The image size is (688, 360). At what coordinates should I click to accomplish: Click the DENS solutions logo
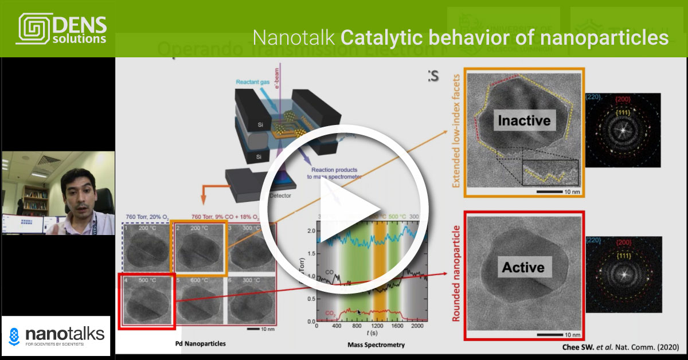point(62,29)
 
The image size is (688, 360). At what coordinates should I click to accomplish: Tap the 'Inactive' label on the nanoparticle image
point(524,121)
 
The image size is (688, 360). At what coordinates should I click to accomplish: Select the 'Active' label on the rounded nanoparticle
point(523,267)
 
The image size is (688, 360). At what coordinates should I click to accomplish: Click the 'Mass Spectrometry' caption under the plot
point(376,345)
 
